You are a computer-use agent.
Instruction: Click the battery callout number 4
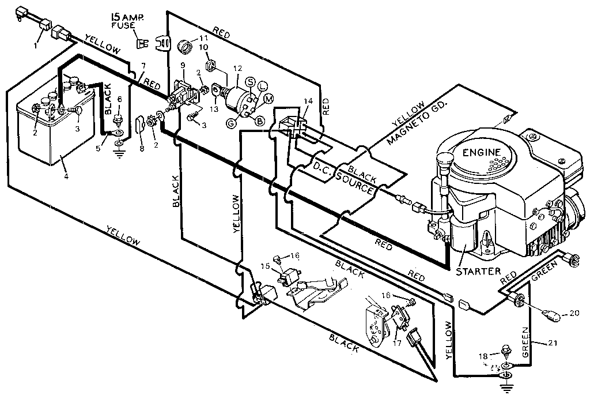[66, 176]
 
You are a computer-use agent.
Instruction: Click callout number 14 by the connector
[308, 101]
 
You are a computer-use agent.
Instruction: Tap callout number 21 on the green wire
[553, 344]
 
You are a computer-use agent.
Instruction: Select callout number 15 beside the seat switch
[264, 266]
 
